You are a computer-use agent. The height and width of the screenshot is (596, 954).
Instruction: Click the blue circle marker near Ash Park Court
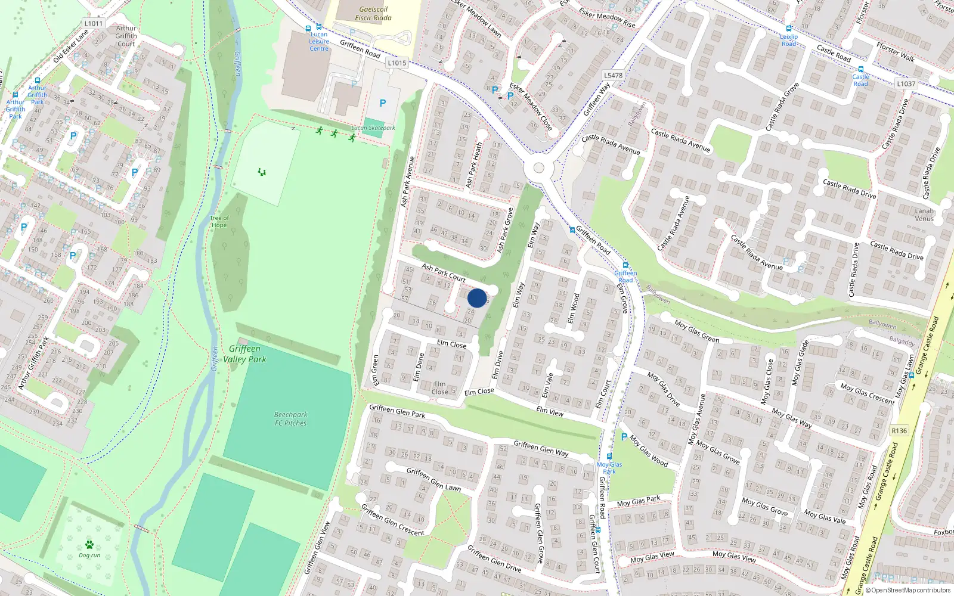(477, 298)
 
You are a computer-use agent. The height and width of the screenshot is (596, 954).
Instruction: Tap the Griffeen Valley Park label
(244, 354)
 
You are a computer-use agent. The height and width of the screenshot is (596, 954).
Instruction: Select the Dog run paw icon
(89, 544)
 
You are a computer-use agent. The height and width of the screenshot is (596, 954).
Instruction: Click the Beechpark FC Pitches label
(290, 418)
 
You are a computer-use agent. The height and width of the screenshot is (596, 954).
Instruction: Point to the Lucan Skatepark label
(373, 128)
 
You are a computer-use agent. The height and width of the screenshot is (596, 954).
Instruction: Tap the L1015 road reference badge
(397, 63)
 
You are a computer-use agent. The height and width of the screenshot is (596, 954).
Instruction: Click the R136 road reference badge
(899, 430)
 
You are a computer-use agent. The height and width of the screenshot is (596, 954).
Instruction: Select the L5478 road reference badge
(613, 75)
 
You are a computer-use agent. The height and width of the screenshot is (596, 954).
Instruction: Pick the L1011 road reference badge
(94, 23)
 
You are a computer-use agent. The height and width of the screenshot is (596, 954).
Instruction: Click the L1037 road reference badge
(906, 83)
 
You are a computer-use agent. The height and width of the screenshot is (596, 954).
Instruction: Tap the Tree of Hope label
(219, 221)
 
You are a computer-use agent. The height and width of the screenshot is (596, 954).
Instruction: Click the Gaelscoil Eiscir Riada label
(373, 14)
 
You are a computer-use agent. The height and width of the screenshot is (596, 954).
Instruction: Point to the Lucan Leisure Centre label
(319, 41)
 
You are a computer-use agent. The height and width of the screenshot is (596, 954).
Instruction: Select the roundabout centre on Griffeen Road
(538, 168)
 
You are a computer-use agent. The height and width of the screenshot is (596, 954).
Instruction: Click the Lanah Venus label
(924, 215)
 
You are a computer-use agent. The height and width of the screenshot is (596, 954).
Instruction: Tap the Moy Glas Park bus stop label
(609, 468)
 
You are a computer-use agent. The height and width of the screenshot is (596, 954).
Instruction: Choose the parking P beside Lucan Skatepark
(383, 103)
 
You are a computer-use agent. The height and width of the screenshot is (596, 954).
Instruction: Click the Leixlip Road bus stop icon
(789, 29)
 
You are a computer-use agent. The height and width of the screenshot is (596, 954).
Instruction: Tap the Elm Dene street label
(420, 367)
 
